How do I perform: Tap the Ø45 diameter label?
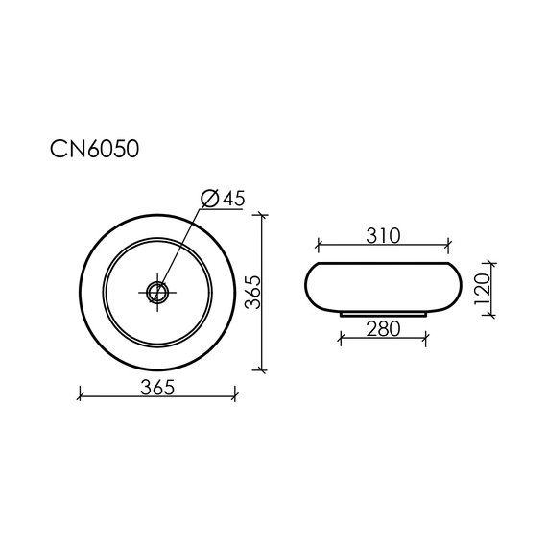point(224,199)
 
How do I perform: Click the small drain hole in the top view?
point(157,290)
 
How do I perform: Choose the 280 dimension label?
point(383,329)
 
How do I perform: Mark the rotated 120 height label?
point(482,288)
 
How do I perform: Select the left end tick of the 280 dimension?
point(342,338)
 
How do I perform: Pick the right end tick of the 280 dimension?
point(425,338)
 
